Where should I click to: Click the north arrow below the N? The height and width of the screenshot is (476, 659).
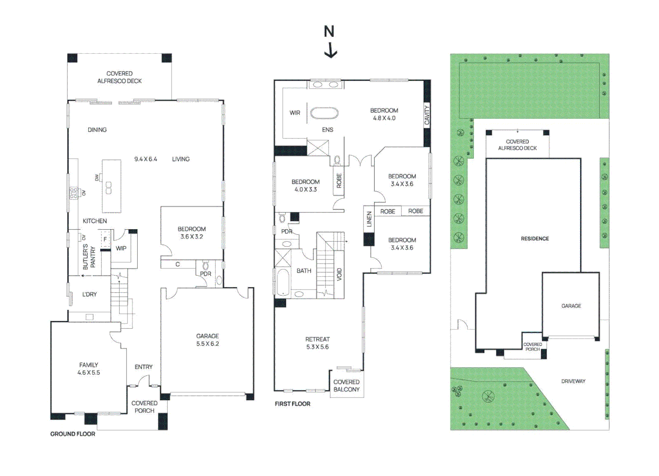tap(330, 50)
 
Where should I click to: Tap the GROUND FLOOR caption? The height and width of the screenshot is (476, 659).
tap(73, 434)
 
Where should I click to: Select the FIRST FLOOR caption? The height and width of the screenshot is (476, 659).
tap(292, 404)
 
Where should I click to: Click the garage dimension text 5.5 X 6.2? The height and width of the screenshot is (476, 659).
tap(207, 344)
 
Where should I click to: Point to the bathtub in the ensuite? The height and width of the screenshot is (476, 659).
tap(324, 113)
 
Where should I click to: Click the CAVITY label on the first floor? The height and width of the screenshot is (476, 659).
tap(427, 115)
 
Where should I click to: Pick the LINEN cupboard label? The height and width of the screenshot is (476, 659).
tap(369, 219)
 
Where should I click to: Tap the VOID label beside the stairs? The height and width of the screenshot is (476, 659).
tap(339, 275)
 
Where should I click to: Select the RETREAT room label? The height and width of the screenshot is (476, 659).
tap(317, 339)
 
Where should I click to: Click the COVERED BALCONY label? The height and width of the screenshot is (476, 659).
tap(346, 386)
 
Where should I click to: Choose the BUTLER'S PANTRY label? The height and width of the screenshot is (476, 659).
tap(89, 257)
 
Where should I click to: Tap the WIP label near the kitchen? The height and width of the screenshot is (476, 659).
tap(121, 249)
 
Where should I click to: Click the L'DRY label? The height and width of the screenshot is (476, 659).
tap(90, 294)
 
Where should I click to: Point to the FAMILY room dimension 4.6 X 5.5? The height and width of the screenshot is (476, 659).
tap(89, 372)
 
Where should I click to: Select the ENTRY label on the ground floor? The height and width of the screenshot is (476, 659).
tap(143, 367)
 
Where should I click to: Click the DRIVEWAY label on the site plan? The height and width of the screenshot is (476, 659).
tap(573, 381)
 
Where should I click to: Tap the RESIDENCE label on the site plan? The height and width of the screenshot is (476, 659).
tap(535, 239)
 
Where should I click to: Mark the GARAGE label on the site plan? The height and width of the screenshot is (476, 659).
tap(571, 306)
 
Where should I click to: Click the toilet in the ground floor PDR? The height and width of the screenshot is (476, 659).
tap(206, 266)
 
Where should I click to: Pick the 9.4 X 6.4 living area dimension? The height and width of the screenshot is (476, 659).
tap(146, 159)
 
